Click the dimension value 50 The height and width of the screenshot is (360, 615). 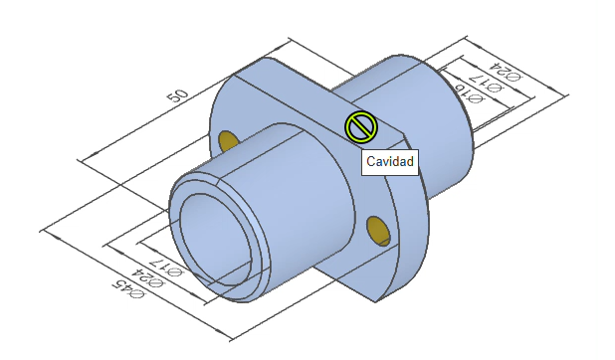178,95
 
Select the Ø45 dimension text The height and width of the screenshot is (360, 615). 128,289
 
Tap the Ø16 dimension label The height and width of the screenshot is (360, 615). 470,94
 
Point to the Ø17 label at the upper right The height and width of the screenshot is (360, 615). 488,83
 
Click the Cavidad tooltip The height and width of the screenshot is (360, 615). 390,162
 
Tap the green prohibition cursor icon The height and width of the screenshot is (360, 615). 361,127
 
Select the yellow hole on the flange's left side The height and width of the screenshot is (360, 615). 227,141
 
